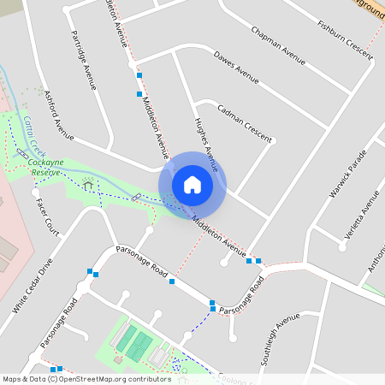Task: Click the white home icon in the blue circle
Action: [x=192, y=185]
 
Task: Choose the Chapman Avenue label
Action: [x=278, y=44]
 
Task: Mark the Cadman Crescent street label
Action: [x=246, y=123]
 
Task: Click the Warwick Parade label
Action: [x=347, y=175]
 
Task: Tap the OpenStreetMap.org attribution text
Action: [x=111, y=378]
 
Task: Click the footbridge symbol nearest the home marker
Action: [x=136, y=198]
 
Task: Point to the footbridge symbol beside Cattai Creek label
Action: [x=21, y=151]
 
